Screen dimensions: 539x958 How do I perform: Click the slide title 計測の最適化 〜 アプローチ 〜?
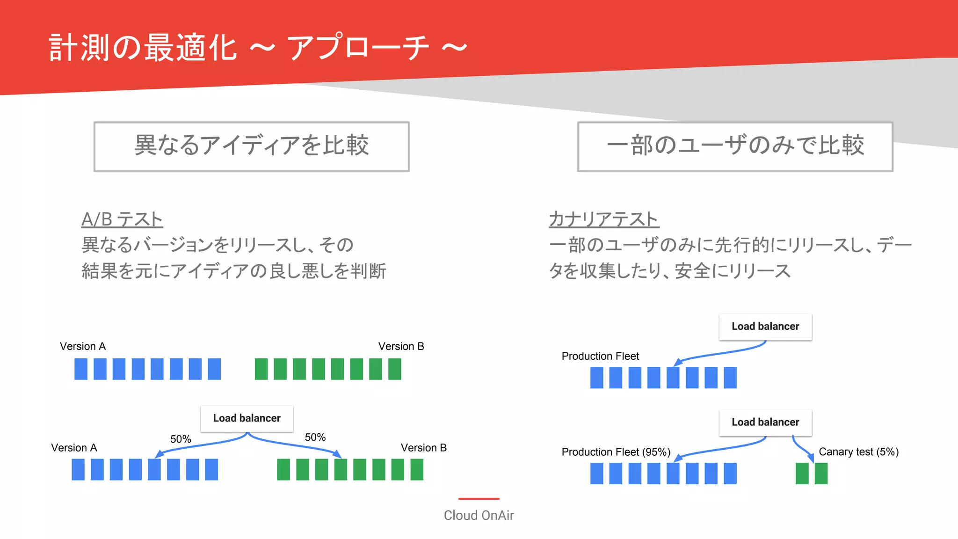257,48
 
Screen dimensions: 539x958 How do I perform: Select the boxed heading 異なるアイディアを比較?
252,146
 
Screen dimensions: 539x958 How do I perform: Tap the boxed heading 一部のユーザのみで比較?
735,146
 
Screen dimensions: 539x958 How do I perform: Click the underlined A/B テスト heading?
122,219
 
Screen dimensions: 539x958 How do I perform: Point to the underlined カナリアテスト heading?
604,219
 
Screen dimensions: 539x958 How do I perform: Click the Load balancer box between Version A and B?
247,418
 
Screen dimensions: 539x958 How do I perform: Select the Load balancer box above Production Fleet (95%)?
765,422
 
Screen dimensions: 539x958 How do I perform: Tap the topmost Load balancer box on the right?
765,327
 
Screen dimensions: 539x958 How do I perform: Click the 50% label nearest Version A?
181,439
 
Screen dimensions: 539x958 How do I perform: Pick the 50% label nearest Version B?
315,437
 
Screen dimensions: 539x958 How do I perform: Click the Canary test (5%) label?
858,452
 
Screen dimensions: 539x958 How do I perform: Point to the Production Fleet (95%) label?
616,452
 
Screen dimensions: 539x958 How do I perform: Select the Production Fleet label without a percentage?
600,356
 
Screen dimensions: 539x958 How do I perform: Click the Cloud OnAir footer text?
479,515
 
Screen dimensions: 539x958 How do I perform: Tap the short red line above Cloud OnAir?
479,499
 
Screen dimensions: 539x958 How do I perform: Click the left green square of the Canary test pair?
802,473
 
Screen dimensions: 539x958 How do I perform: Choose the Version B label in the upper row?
401,346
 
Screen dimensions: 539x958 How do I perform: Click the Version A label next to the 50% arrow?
74,448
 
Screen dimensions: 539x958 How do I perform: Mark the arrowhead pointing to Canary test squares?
811,457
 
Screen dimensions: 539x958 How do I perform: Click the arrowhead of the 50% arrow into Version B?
337,454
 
